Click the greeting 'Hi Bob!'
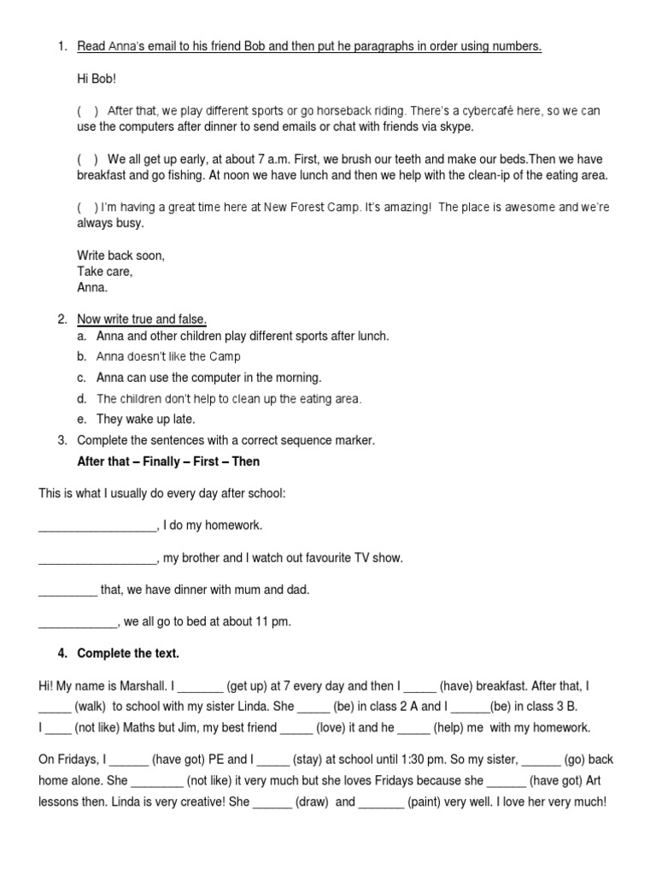(96, 79)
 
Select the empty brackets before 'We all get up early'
(88, 160)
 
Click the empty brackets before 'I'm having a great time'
(87, 208)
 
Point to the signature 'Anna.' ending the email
(92, 288)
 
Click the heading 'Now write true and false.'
(142, 320)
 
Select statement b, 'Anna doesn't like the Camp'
(168, 356)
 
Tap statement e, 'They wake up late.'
(146, 419)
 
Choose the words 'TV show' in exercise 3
(380, 558)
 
